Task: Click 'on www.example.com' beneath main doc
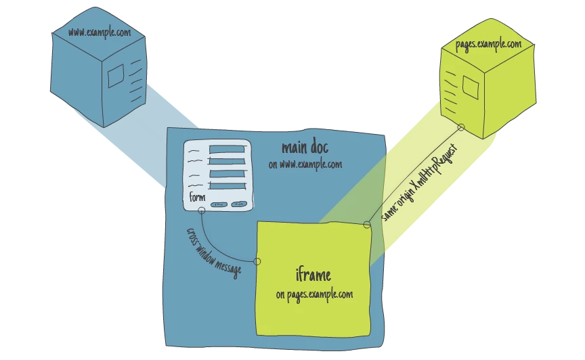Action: click(x=305, y=164)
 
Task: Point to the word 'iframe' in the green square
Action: click(x=313, y=275)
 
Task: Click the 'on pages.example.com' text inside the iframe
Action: click(x=314, y=295)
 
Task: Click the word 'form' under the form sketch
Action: click(x=197, y=198)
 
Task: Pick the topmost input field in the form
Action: click(x=227, y=149)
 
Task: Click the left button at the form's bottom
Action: click(x=218, y=204)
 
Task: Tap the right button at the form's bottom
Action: click(x=238, y=204)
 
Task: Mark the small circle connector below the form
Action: click(x=201, y=210)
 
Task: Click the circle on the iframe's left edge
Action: click(x=257, y=261)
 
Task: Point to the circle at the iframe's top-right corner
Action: click(x=367, y=225)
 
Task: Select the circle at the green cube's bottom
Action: click(x=460, y=127)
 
